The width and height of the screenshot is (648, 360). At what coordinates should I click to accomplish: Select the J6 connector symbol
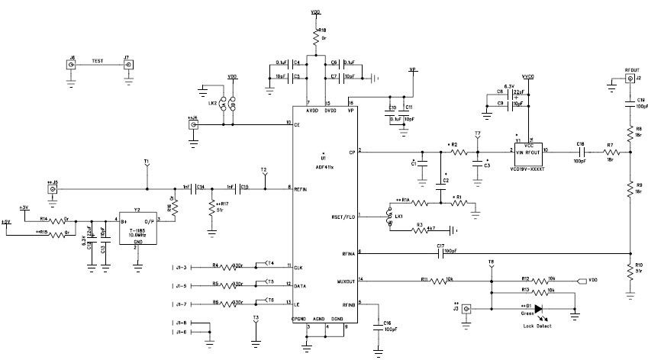(71, 66)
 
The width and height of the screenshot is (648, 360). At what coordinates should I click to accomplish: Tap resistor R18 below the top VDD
(314, 37)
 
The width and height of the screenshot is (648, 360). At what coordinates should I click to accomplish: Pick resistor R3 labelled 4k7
(419, 229)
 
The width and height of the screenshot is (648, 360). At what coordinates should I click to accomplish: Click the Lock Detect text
(538, 326)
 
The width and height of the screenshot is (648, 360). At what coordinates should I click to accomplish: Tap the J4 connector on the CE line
(193, 124)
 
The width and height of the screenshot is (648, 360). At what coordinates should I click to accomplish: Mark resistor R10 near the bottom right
(630, 270)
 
